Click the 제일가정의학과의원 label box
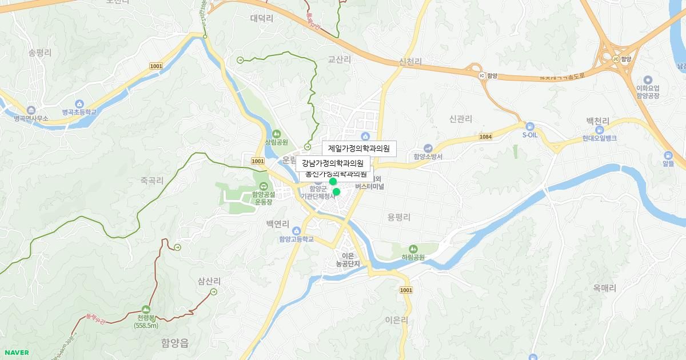359,149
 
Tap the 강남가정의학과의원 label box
333,164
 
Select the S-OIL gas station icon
530,126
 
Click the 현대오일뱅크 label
599,138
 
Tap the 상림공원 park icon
276,134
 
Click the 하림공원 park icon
413,249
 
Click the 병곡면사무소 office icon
31,110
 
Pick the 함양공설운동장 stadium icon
264,186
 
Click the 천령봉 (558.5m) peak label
146,321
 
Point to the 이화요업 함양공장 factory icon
648,80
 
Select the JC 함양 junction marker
616,59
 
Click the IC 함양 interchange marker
481,75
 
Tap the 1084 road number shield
485,137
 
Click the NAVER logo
17,353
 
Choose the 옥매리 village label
604,289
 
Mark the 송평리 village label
40,53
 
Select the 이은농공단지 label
350,260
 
